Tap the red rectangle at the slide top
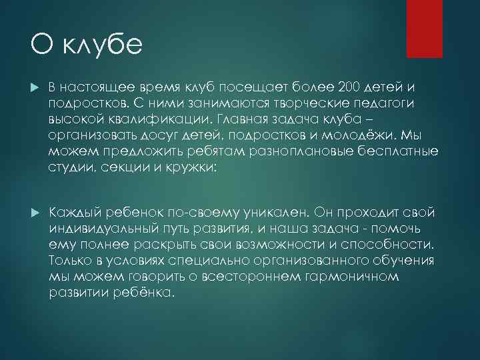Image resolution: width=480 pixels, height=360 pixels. point(427,28)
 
